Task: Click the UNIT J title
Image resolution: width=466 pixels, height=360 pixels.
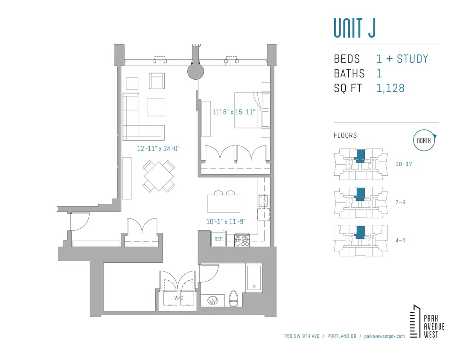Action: (x=354, y=28)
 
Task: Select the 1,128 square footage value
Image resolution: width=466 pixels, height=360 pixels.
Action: (x=390, y=88)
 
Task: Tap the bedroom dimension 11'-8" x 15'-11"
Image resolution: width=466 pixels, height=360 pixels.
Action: (x=233, y=112)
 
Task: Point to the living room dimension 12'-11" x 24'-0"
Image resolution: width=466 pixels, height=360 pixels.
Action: (x=158, y=149)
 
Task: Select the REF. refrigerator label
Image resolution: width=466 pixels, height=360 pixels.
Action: (x=219, y=239)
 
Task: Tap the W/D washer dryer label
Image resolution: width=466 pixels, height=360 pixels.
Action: (x=178, y=298)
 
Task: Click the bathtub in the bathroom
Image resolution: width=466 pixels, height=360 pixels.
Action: (x=254, y=278)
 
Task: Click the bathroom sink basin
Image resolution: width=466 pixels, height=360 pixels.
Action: (x=213, y=301)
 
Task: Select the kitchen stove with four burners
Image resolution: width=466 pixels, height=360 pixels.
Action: (x=242, y=240)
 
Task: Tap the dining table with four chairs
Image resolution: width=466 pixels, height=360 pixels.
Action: (x=159, y=176)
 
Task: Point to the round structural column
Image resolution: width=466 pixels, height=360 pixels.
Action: (x=195, y=71)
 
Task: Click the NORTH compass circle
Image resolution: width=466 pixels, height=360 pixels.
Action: (x=424, y=141)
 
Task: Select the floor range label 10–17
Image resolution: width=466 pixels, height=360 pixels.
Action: (x=403, y=164)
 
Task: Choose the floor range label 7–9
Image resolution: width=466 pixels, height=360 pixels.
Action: (x=400, y=202)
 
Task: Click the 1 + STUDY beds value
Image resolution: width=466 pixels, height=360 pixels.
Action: (x=402, y=59)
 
